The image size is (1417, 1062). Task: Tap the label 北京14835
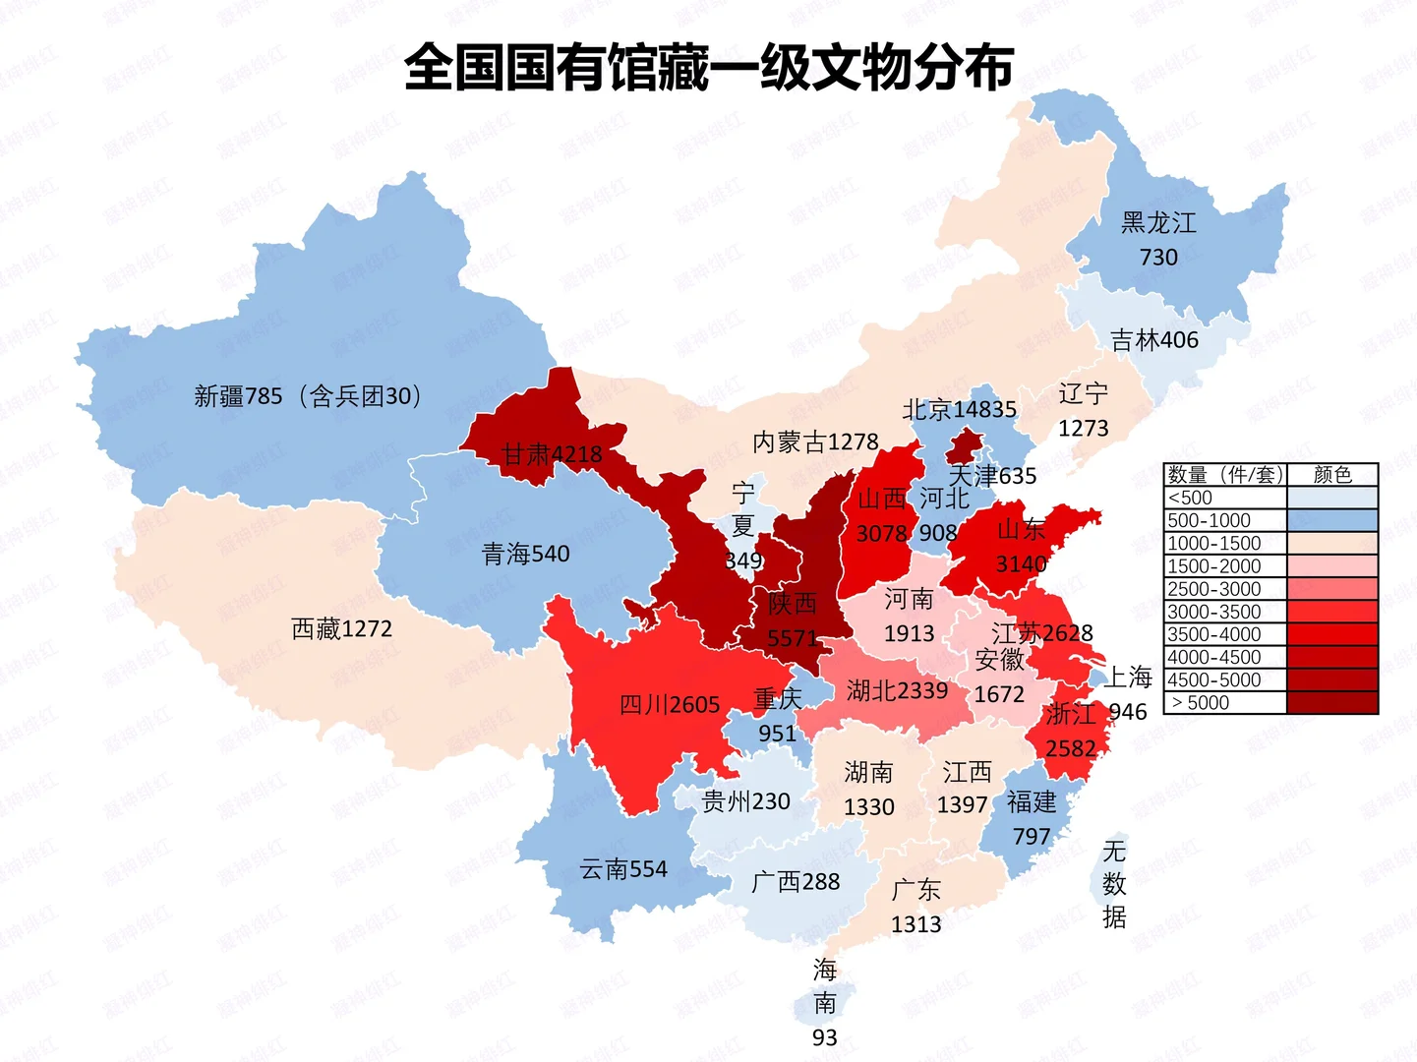960,409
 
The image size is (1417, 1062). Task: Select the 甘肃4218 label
552,454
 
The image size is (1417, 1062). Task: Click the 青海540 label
526,555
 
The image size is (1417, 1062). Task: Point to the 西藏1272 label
342,628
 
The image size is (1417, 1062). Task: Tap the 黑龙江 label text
1158,223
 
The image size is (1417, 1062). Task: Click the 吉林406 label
1154,340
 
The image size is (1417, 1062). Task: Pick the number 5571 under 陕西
792,639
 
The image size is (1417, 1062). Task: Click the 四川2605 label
670,705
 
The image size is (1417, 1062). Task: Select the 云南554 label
623,869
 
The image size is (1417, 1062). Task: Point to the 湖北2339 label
897,691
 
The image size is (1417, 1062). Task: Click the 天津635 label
992,476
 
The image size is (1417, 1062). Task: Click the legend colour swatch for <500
1332,498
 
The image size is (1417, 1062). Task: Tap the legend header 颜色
1332,475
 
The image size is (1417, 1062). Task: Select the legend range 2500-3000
1214,589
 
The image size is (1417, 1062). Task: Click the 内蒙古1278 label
815,442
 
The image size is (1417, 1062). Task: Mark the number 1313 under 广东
915,924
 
